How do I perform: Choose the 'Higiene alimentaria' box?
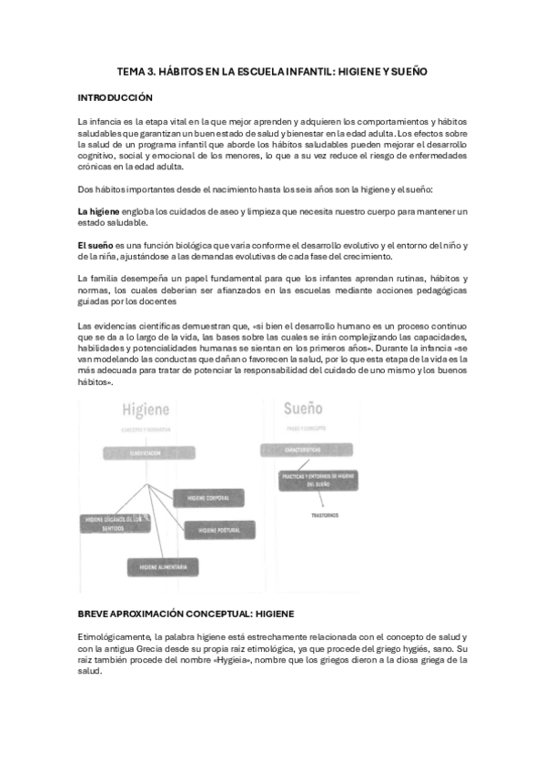click(164, 565)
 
